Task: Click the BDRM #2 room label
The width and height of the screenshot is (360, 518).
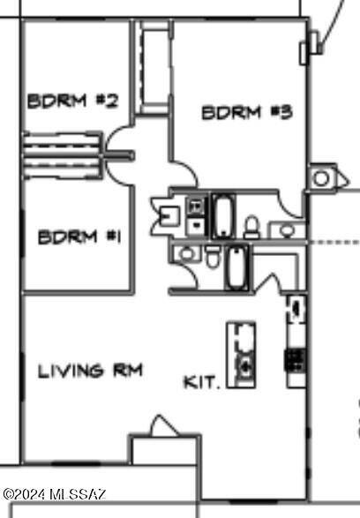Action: pos(72,101)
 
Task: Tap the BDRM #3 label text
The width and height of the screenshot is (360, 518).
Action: pos(247,112)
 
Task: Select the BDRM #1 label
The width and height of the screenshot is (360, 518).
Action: pos(79,237)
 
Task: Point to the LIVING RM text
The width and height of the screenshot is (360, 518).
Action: pos(90,371)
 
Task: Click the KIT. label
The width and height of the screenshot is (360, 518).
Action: pos(201,382)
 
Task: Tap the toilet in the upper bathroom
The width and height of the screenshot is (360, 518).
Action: pos(252,227)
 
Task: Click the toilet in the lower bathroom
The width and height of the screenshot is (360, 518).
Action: pos(213,257)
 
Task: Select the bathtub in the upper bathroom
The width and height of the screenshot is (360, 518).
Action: pos(223,216)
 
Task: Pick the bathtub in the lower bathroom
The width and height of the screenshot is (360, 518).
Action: pos(236,267)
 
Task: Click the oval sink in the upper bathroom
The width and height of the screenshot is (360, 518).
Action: pos(287,230)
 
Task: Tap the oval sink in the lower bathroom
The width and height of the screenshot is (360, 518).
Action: pos(187,253)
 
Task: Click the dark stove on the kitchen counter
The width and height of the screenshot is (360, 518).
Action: pos(296,361)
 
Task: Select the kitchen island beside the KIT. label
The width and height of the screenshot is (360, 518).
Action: pos(241,355)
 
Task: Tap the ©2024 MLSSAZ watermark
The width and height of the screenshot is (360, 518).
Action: pos(55,494)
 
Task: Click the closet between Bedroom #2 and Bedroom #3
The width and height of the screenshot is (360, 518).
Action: pos(154,67)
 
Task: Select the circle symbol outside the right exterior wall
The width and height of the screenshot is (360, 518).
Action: pos(321,179)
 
